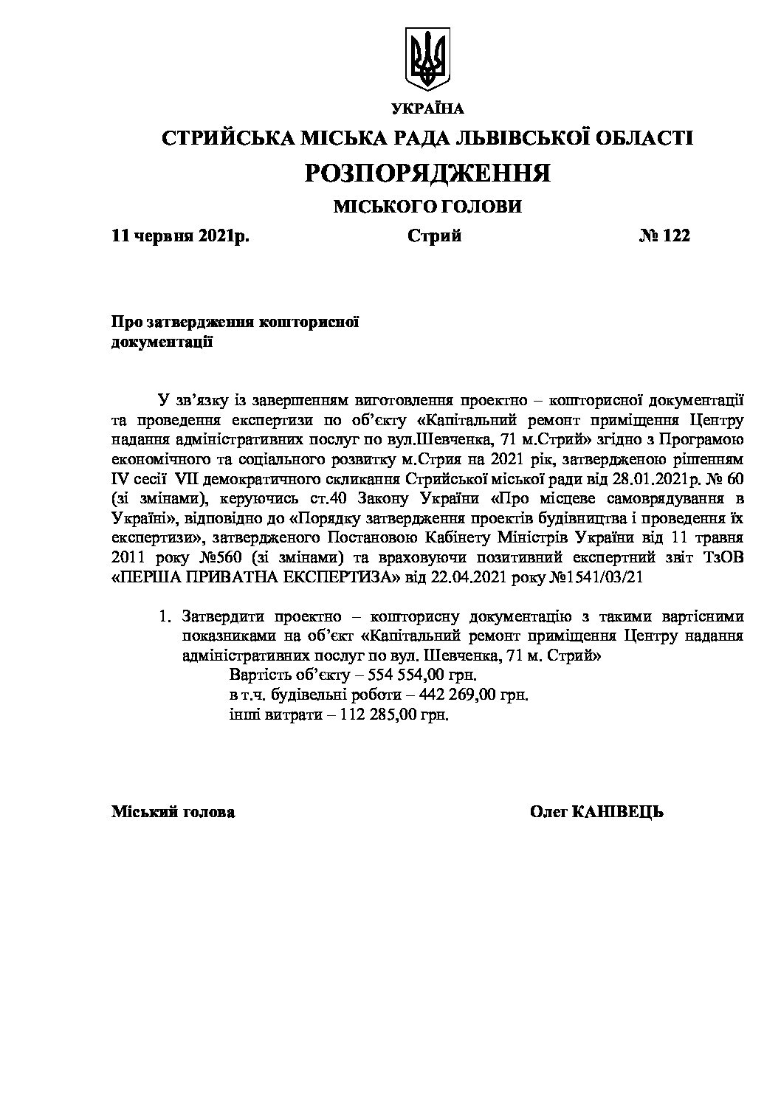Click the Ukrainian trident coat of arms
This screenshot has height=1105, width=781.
[427, 58]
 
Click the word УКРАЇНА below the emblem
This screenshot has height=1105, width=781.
[427, 109]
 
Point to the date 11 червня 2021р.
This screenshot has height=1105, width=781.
[180, 236]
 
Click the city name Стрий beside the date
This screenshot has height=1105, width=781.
[434, 236]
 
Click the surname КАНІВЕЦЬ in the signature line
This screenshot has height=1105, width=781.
[618, 813]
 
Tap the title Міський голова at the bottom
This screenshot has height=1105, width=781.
[173, 813]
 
